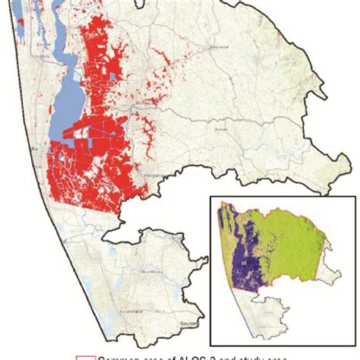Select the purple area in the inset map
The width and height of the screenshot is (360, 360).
(245, 258)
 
